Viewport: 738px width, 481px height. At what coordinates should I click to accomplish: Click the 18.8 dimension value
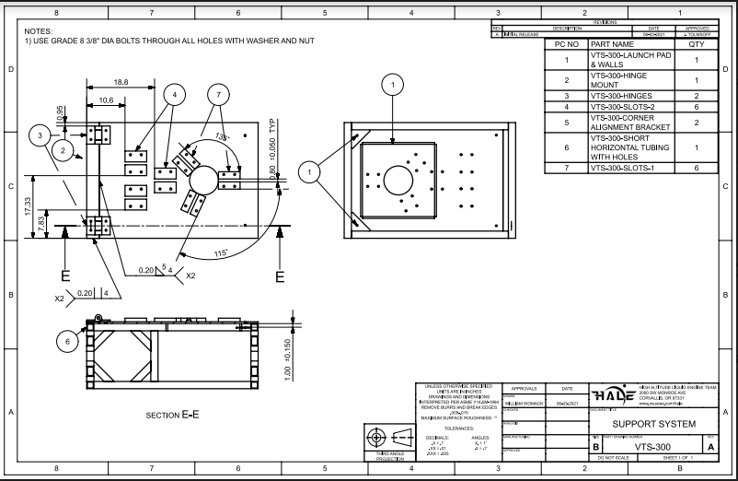pos(121,83)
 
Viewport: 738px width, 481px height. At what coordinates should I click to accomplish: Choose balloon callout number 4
pos(175,93)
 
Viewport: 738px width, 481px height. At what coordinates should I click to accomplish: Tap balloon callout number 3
pos(40,135)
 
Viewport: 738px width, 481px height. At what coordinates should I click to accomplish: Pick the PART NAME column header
pos(613,44)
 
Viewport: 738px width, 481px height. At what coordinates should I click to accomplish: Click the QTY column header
pos(696,44)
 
